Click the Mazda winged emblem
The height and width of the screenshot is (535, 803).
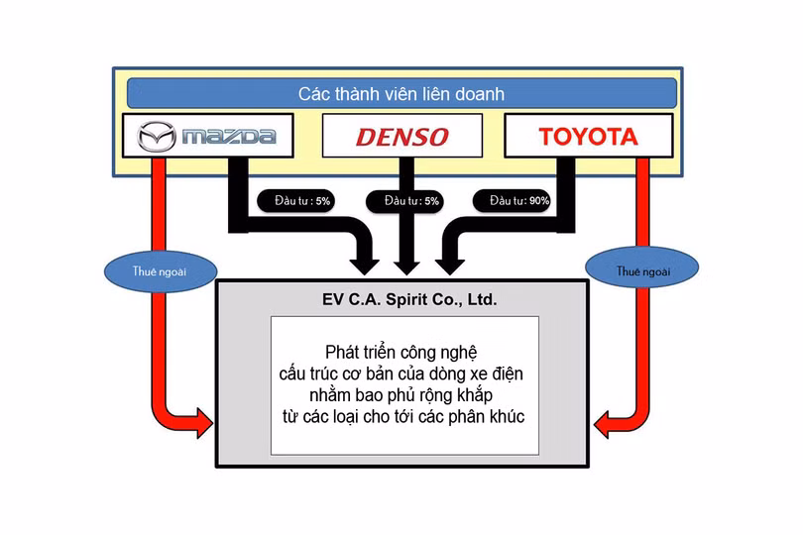click(155, 137)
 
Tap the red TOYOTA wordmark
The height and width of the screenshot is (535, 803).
click(588, 137)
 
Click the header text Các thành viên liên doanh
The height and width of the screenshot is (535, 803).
click(401, 94)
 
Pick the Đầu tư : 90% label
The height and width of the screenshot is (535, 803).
click(519, 200)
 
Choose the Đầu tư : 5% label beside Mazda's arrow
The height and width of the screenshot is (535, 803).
click(294, 200)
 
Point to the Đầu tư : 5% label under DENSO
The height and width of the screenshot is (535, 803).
click(403, 200)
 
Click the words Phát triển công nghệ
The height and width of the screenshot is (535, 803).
click(401, 353)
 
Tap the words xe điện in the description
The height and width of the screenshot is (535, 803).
click(494, 374)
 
